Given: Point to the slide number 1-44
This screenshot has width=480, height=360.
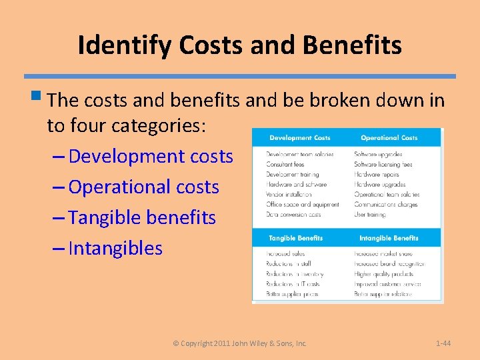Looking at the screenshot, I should click(x=443, y=343).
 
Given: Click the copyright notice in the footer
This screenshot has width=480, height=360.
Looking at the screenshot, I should click(x=240, y=343).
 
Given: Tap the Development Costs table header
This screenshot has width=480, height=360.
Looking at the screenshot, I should click(x=299, y=138).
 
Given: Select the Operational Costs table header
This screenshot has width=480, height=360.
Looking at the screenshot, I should click(x=389, y=138).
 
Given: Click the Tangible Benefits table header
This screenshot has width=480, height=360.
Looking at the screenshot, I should click(x=295, y=238).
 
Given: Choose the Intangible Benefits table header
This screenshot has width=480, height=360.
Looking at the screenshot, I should click(x=389, y=238).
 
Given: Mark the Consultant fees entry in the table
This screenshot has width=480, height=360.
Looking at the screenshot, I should click(x=285, y=164).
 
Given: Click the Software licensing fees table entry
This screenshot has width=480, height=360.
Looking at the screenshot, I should click(x=383, y=164).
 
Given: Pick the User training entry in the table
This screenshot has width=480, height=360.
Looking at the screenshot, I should click(x=370, y=215).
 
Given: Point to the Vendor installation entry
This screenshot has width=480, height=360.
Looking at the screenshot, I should click(x=288, y=195).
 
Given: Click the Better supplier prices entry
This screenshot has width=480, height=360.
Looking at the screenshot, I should click(x=292, y=294).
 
